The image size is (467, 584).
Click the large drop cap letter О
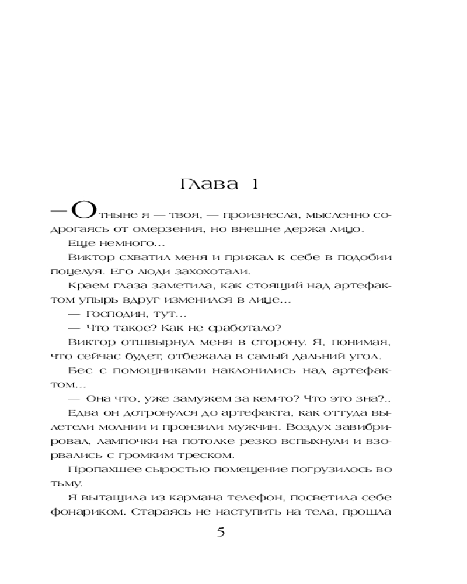80,211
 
